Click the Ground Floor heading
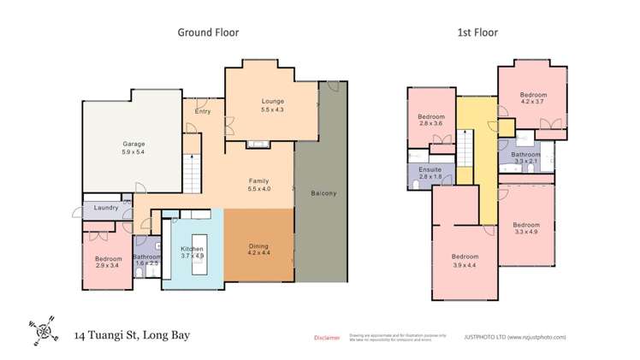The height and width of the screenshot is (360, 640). click(208, 32)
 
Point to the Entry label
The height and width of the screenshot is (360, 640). click(203, 112)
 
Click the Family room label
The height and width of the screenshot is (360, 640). click(258, 182)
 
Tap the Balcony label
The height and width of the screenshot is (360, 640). click(323, 194)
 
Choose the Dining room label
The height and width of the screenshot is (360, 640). click(258, 245)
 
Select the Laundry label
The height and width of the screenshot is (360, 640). click(105, 207)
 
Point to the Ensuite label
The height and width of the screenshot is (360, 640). click(430, 170)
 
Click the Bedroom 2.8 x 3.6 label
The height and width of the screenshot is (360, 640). click(431, 120)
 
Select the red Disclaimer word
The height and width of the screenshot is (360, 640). click(328, 338)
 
